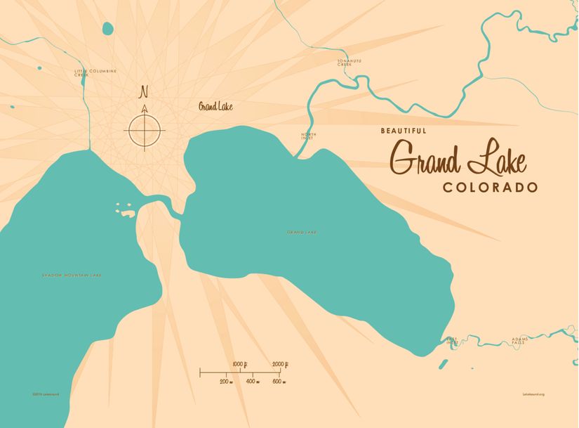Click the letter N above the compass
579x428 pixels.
(x=145, y=92)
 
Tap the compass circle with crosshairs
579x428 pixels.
(x=145, y=130)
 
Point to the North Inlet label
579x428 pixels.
(x=309, y=136)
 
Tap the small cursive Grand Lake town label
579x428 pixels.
(x=215, y=107)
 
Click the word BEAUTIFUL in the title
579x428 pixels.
(x=404, y=131)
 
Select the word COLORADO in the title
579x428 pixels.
(x=491, y=188)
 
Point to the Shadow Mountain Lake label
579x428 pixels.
(x=72, y=275)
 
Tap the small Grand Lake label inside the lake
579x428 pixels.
(x=301, y=232)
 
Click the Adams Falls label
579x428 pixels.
(x=520, y=341)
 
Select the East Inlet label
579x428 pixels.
(x=452, y=341)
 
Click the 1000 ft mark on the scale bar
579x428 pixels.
(x=239, y=363)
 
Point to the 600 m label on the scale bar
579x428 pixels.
(x=277, y=381)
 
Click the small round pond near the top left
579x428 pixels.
(x=107, y=29)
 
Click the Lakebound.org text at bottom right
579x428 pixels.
(x=533, y=394)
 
